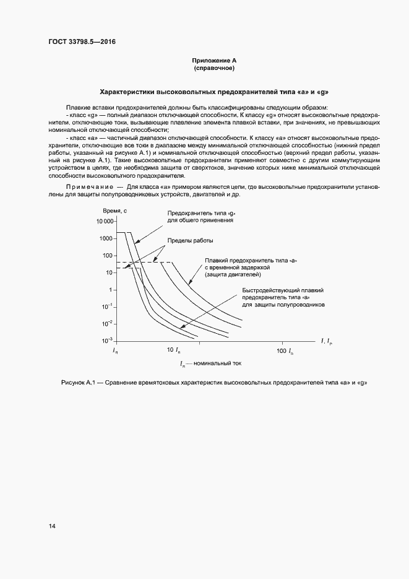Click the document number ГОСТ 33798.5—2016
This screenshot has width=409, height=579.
coord(82,42)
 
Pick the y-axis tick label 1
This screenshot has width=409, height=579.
coord(110,290)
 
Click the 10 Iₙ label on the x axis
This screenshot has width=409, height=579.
coord(174,351)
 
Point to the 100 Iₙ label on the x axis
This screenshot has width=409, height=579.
coord(285,351)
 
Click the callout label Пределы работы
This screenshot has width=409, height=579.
coord(191,240)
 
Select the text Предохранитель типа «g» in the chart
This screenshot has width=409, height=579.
coord(202,213)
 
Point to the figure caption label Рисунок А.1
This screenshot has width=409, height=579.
coord(80,382)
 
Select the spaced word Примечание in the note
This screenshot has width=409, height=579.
coord(85,186)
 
